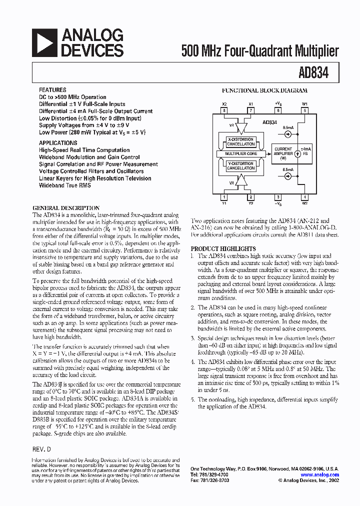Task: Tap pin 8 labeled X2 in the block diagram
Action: point(224,110)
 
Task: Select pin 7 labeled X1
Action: point(251,110)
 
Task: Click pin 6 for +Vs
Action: point(278,110)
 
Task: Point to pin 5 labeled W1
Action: point(304,110)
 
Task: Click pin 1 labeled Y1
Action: point(224,197)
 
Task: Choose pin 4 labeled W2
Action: point(304,197)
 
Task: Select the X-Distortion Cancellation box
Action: point(241,142)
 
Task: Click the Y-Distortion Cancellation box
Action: point(241,165)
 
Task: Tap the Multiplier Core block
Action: point(241,153)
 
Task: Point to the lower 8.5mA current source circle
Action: point(288,175)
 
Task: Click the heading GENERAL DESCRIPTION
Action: point(66,208)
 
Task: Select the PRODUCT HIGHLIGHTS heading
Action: point(223,248)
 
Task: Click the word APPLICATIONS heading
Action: point(58,142)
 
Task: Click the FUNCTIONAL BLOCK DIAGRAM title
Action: point(264,91)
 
